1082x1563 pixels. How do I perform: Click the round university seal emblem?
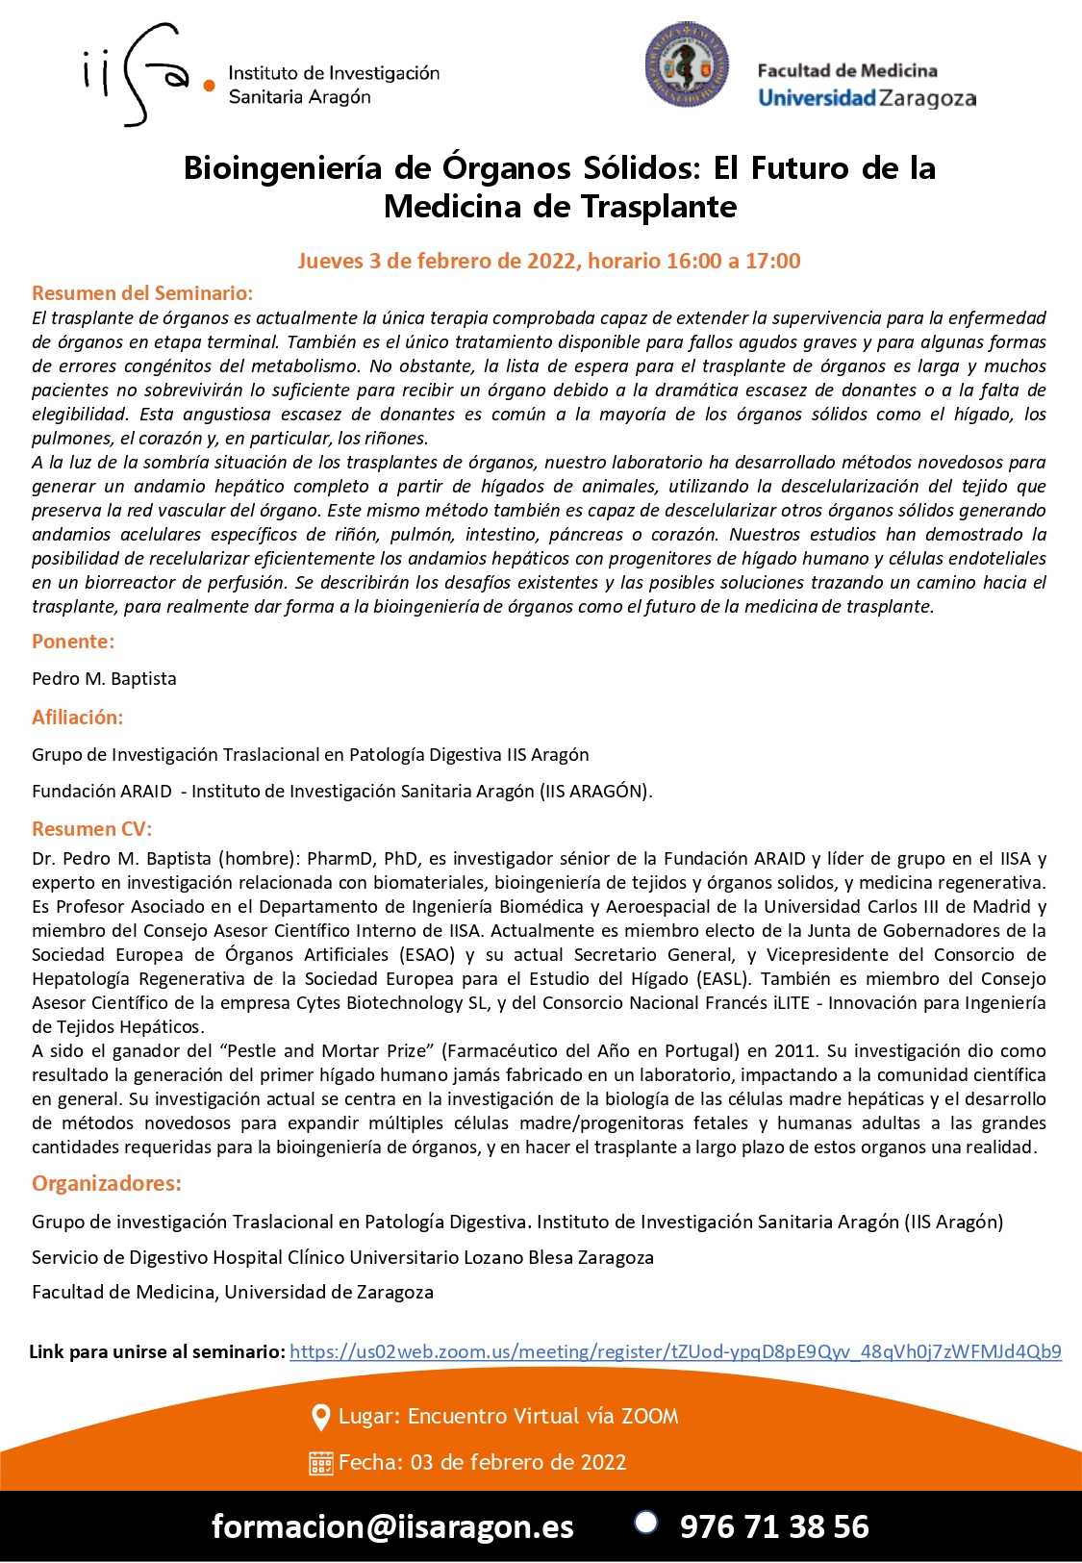coord(687,64)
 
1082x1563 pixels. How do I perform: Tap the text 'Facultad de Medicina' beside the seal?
coord(846,70)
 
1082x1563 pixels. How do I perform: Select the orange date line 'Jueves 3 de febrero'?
coord(548,261)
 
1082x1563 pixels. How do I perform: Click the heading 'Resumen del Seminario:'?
coord(142,293)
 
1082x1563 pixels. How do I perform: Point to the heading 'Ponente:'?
coord(73,642)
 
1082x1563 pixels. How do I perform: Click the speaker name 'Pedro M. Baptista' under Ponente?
coord(104,678)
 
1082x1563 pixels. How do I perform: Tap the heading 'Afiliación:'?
coord(77,717)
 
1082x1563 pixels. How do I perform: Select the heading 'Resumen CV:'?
coord(91,828)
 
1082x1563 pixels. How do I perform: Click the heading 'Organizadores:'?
coord(107,1183)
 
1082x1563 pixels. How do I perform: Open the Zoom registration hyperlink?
coord(675,1351)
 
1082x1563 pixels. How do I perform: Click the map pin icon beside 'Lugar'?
coord(321,1417)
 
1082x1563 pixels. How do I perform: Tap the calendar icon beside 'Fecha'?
coord(321,1463)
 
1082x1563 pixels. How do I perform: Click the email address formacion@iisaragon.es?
coord(392,1526)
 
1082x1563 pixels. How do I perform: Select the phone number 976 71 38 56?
coord(774,1526)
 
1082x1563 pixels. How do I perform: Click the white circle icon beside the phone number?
coord(646,1522)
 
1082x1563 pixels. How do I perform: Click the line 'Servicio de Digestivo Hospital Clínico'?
coord(342,1257)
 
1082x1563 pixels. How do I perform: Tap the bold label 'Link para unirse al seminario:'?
coord(157,1351)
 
